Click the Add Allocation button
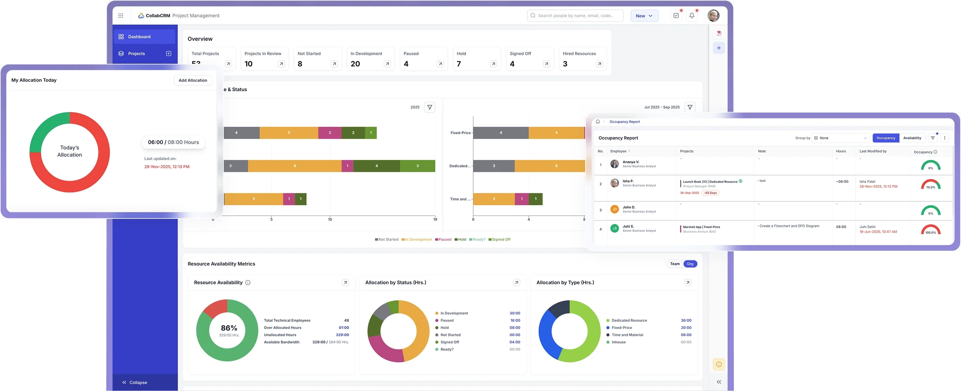pyautogui.click(x=193, y=80)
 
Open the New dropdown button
pyautogui.click(x=644, y=16)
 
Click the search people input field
pyautogui.click(x=575, y=16)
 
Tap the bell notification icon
pyautogui.click(x=692, y=15)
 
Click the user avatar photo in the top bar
pyautogui.click(x=713, y=16)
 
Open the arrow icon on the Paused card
pyautogui.click(x=440, y=64)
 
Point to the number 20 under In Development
pyautogui.click(x=355, y=64)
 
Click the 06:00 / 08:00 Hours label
pyautogui.click(x=173, y=142)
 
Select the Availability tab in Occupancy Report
pyautogui.click(x=912, y=138)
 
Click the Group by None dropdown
pyautogui.click(x=840, y=138)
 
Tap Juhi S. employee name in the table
pyautogui.click(x=628, y=226)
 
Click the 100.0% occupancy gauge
pyautogui.click(x=931, y=230)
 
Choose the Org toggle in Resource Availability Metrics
pyautogui.click(x=690, y=264)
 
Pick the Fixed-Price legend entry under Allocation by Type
pyautogui.click(x=621, y=328)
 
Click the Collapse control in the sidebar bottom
pyautogui.click(x=135, y=382)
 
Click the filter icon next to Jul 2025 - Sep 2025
pyautogui.click(x=690, y=107)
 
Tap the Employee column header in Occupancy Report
pyautogui.click(x=618, y=151)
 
